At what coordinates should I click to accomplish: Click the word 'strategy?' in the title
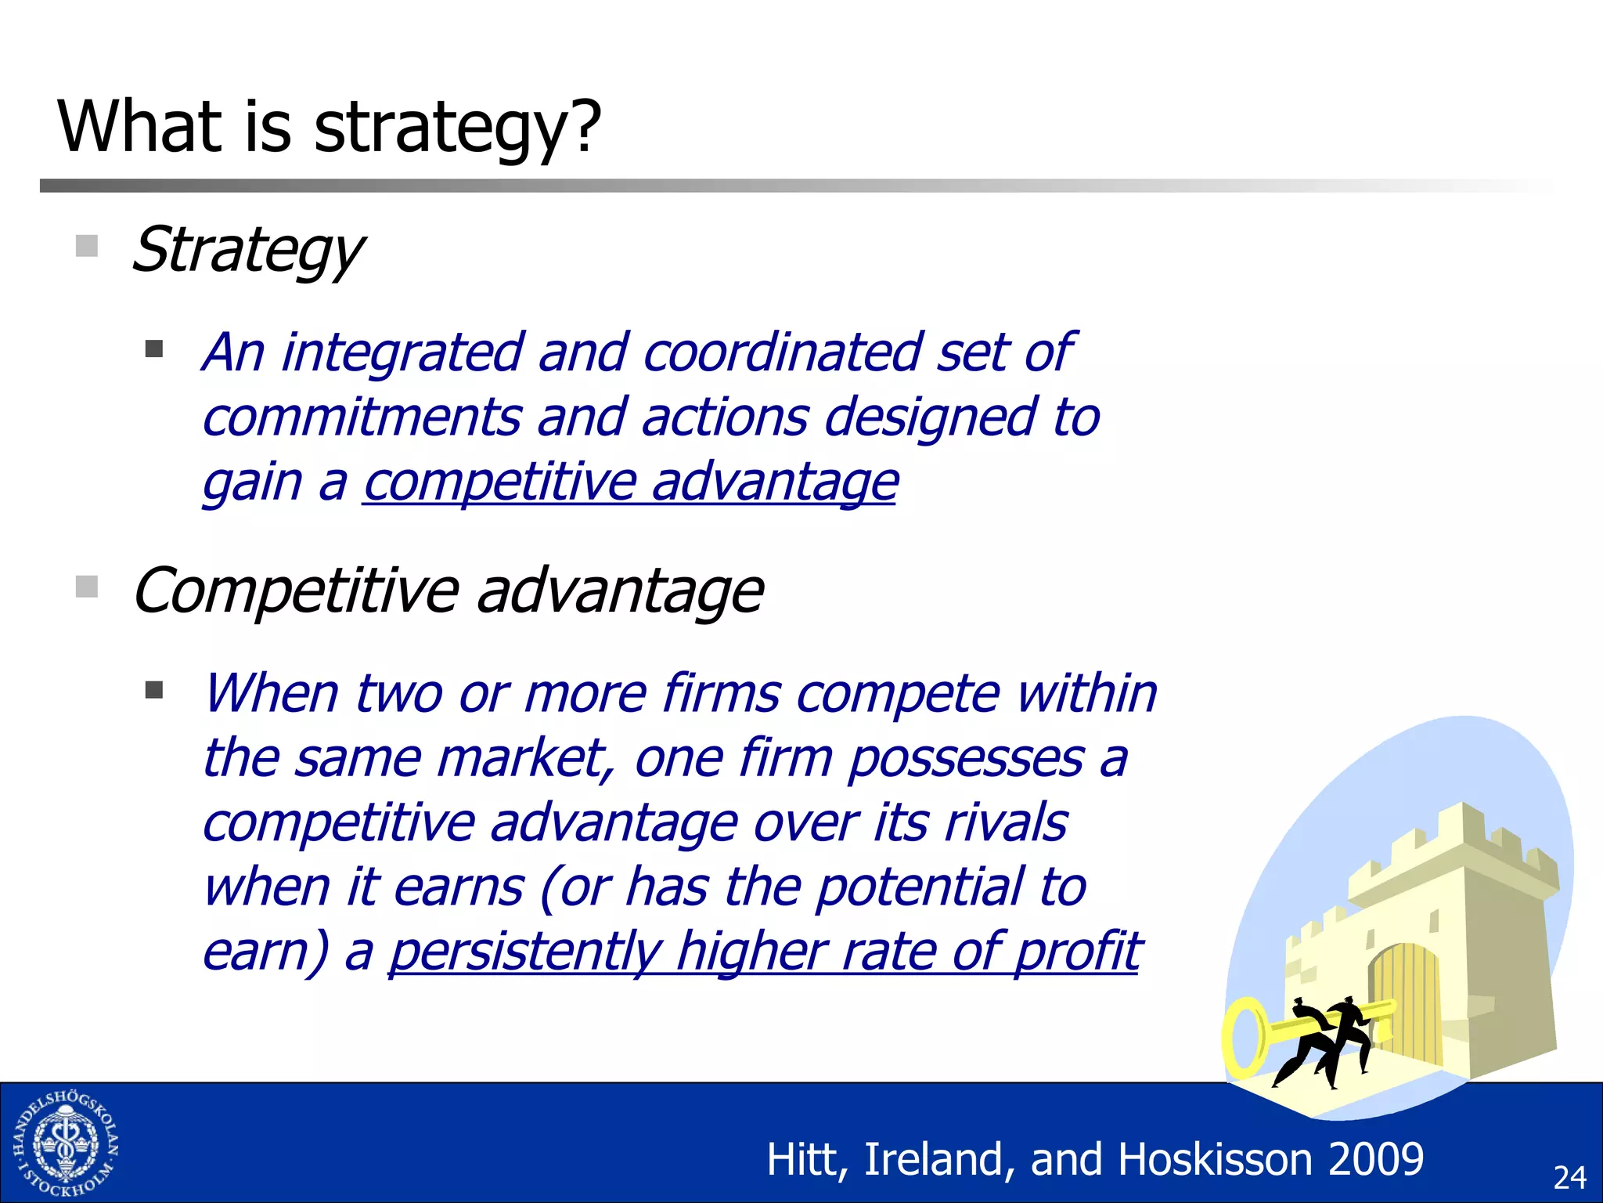click(457, 128)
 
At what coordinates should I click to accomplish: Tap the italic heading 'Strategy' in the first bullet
click(247, 251)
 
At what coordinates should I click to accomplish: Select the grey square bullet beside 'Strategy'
click(87, 246)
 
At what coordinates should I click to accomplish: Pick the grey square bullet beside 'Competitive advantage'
click(87, 587)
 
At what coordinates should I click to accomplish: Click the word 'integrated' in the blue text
click(402, 353)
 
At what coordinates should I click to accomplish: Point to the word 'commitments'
click(361, 417)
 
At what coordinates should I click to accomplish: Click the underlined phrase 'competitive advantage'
click(630, 482)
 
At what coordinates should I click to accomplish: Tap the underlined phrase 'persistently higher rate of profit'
click(764, 952)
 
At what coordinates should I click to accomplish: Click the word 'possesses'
click(966, 759)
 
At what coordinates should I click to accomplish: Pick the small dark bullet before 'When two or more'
click(154, 690)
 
